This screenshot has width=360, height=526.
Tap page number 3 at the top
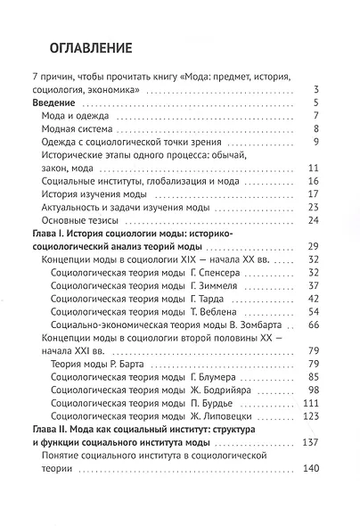[315, 90]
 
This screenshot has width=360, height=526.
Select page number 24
[312, 219]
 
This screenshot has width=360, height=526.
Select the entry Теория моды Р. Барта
[102, 362]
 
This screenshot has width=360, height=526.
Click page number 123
[310, 415]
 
